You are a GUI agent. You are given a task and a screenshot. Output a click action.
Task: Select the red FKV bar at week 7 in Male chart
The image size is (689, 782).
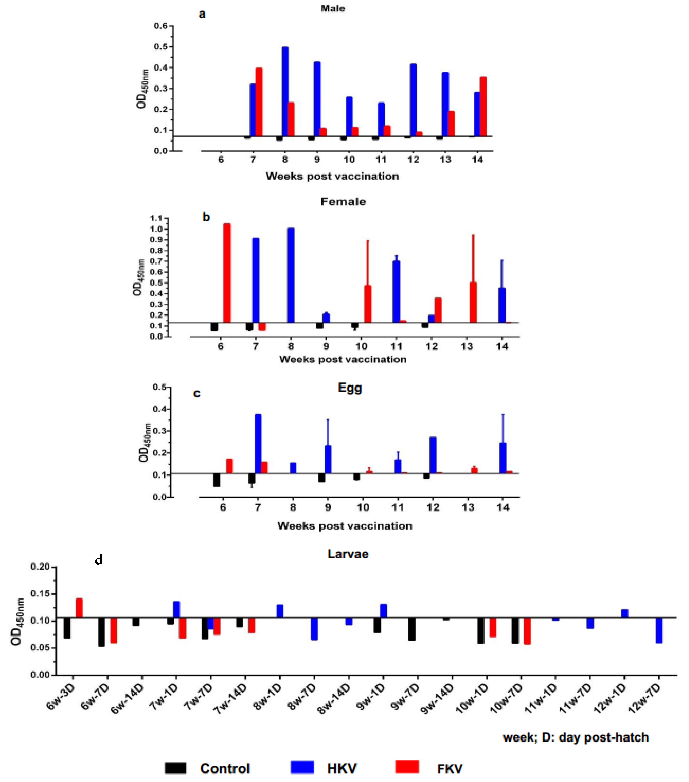click(x=259, y=102)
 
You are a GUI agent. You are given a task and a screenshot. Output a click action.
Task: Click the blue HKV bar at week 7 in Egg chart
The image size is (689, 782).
click(x=258, y=444)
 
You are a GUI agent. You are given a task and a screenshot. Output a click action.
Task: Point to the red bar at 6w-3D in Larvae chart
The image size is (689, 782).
click(x=79, y=608)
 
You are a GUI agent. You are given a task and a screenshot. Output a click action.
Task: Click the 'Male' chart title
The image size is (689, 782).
click(x=333, y=8)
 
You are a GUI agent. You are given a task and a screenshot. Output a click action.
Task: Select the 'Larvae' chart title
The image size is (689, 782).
click(x=348, y=554)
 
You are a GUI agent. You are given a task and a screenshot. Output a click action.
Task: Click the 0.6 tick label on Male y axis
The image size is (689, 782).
click(x=160, y=26)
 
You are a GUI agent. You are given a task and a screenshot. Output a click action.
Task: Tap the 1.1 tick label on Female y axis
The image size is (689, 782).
click(x=156, y=218)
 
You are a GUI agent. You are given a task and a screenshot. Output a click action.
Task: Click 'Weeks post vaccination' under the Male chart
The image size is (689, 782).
click(x=332, y=176)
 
